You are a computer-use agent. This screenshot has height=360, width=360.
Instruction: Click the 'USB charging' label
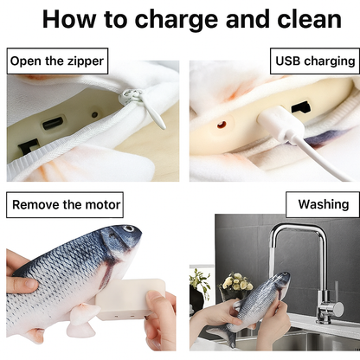point(315,61)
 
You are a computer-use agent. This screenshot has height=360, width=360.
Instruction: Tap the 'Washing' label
point(323,205)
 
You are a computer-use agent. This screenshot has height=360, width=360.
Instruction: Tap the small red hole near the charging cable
point(222,124)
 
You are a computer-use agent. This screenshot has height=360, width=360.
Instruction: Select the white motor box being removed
point(131,299)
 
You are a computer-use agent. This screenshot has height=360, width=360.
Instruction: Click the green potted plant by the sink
point(200,281)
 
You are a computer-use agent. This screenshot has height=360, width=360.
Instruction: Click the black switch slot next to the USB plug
point(300,108)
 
